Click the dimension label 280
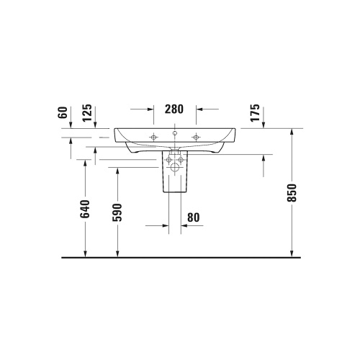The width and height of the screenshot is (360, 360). tap(175, 109)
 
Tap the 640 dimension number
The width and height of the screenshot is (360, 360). tap(86, 210)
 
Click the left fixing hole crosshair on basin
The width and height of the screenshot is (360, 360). tap(153, 137)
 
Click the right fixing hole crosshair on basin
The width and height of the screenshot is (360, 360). tap(195, 137)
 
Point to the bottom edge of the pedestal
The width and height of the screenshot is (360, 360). tap(174, 195)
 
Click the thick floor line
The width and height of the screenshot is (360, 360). tap(180, 257)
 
